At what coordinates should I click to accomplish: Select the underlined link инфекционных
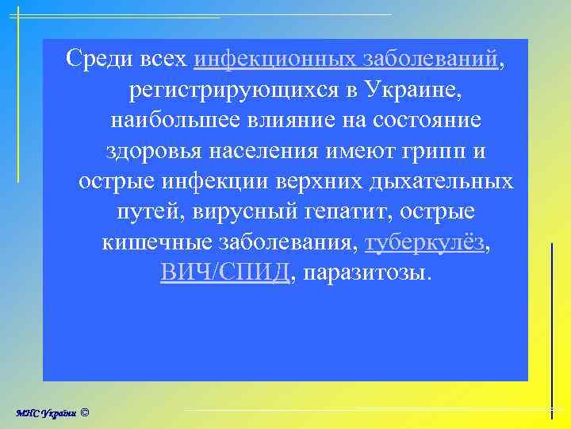pyautogui.click(x=274, y=58)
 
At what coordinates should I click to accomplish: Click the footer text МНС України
pyautogui.click(x=46, y=412)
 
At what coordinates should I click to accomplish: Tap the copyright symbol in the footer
pyautogui.click(x=86, y=412)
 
